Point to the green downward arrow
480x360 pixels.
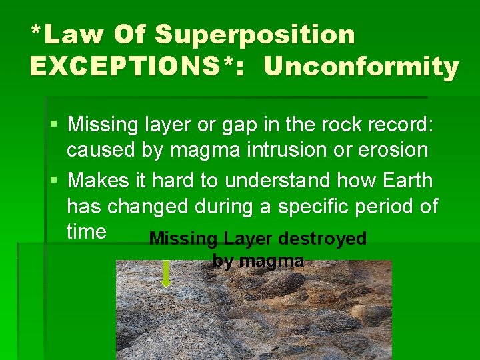[x=167, y=273]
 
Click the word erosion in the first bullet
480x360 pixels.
[x=391, y=149]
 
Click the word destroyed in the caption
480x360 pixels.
[x=323, y=239]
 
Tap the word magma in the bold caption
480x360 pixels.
[x=272, y=261]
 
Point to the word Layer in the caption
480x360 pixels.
[x=249, y=239]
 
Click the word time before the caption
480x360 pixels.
[x=87, y=232]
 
